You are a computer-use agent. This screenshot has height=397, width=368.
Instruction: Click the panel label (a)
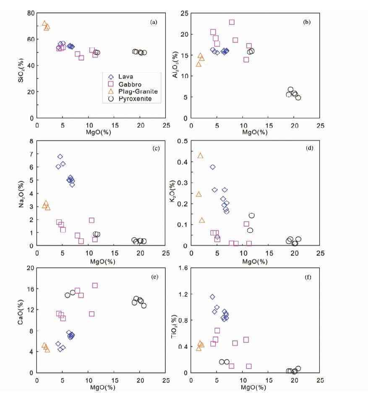click(154, 22)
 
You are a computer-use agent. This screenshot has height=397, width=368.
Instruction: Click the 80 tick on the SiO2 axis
click(30, 13)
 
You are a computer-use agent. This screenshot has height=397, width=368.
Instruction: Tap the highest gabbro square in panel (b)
click(232, 22)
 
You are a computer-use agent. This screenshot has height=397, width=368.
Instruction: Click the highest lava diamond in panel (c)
click(60, 157)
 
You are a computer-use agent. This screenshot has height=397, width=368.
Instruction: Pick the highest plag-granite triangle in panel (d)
click(200, 156)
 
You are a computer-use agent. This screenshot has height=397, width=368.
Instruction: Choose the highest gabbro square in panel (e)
click(95, 285)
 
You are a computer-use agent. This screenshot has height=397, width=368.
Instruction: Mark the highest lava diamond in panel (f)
click(212, 297)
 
